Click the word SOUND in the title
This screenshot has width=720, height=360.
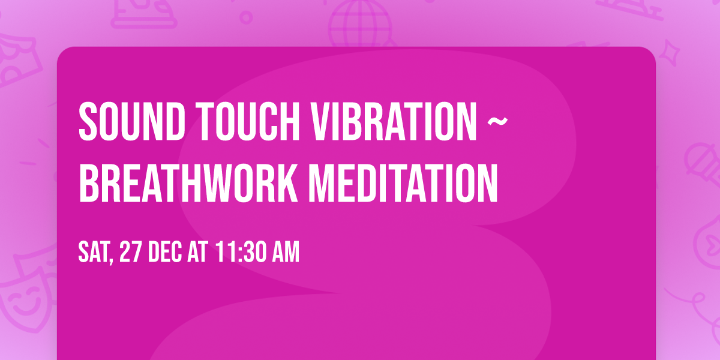pos(131,121)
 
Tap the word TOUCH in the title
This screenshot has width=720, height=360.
pos(248,121)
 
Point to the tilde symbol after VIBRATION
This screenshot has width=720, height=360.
pos(497,121)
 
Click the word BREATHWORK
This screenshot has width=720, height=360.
pos(188,183)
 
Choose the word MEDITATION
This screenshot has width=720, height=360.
pos(403,183)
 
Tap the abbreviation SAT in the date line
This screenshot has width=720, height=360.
pos(94,251)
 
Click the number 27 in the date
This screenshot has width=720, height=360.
pos(130,251)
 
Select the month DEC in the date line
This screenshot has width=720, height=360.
pos(165,251)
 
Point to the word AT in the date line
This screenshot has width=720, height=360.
pos(197,251)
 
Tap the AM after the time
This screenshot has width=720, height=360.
pos(286,251)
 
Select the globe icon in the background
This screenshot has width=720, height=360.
pos(360,23)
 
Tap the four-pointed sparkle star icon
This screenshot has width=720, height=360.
pos(670,53)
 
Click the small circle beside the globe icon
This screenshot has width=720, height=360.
pos(246,17)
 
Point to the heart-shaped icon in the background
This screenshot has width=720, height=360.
pos(709,244)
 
